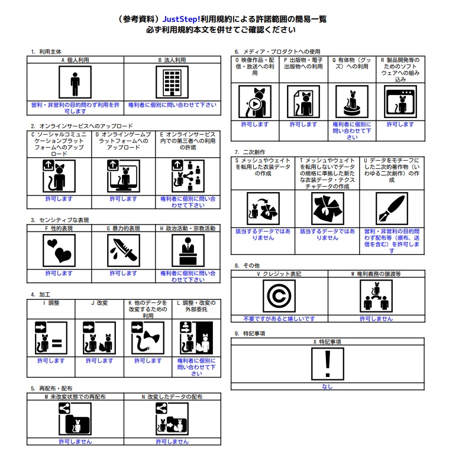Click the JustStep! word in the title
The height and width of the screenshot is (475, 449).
(x=181, y=19)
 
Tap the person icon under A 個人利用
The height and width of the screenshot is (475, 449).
(x=75, y=82)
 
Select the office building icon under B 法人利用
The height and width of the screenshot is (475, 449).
(x=172, y=82)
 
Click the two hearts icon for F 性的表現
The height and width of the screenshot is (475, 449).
(x=59, y=251)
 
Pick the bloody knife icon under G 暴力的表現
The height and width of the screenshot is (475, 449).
(x=124, y=251)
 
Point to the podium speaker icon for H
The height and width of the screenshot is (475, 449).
(x=188, y=251)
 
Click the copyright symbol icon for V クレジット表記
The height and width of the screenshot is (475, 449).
(x=279, y=296)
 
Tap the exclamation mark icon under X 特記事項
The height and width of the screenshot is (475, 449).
(x=328, y=364)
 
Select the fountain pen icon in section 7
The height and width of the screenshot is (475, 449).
(x=392, y=209)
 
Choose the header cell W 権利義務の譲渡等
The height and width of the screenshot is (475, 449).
(x=376, y=274)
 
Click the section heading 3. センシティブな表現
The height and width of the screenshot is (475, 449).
(x=60, y=220)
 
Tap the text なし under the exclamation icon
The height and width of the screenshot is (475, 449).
(x=327, y=386)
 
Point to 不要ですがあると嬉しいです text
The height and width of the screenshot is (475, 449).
(x=279, y=318)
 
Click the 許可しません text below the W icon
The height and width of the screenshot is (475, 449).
(x=376, y=318)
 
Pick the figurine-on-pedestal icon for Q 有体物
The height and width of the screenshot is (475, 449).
(x=352, y=102)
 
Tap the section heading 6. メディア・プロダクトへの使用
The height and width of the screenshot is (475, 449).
(x=277, y=51)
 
